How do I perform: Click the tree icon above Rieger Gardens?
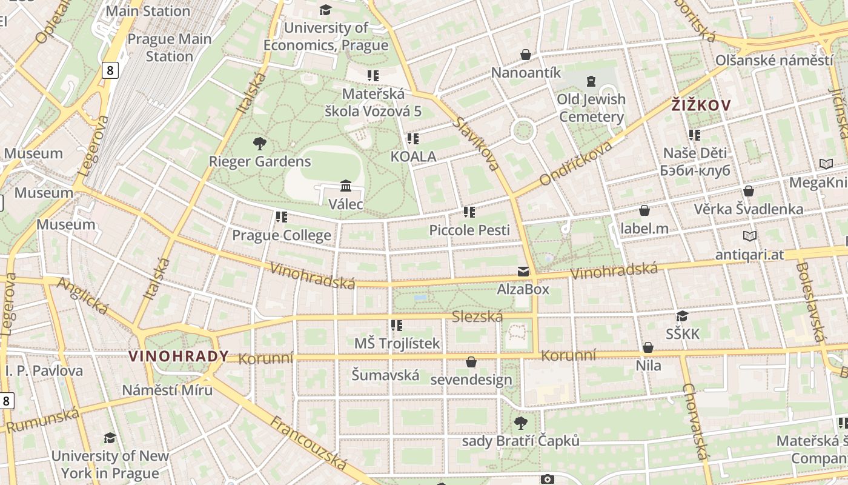coord(260,144)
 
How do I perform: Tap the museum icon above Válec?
coord(346,186)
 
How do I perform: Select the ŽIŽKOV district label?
coord(701,105)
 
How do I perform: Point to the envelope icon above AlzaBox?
coord(523,272)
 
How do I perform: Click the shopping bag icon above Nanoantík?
coord(526,55)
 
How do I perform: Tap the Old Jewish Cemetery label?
coord(591,108)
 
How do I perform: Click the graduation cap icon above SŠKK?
coord(683,316)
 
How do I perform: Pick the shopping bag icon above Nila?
coord(648,347)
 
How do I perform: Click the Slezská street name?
coord(478,316)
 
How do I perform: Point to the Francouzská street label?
coord(309,443)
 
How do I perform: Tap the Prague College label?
coord(282,235)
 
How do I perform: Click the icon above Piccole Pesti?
coord(469,212)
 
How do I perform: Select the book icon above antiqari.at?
coord(749,236)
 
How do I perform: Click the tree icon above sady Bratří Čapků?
coord(520,423)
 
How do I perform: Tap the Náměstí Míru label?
coord(167,390)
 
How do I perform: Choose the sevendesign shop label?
coord(471,380)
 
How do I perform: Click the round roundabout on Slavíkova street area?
coord(523,131)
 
